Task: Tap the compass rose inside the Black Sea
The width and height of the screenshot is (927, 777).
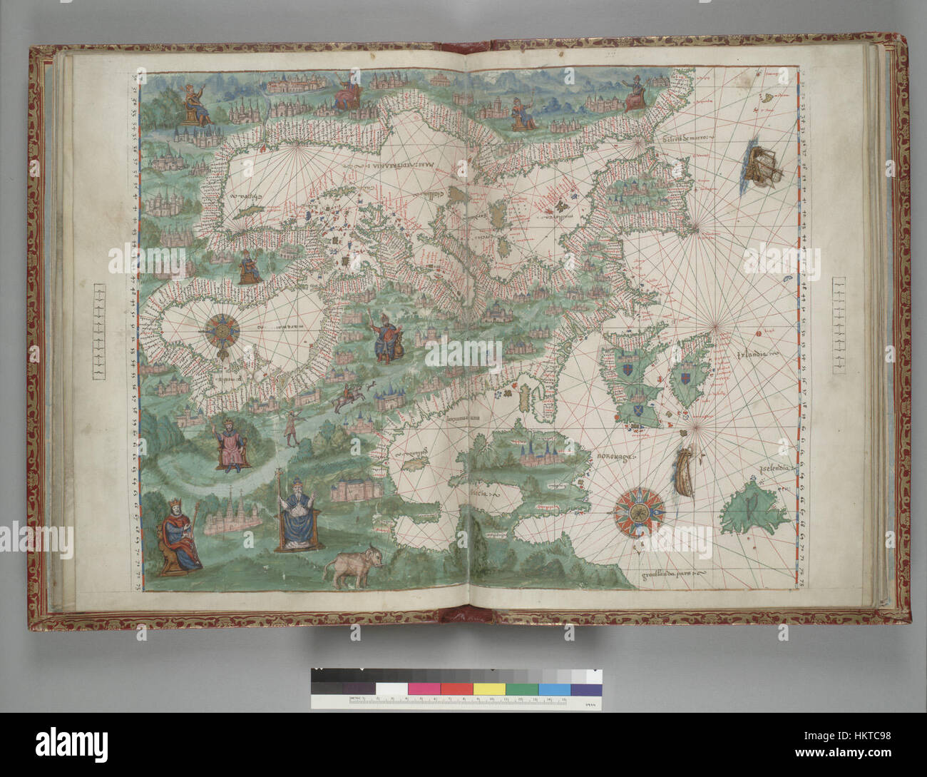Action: pyautogui.click(x=225, y=331)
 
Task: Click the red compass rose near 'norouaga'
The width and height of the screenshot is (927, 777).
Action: pyautogui.click(x=640, y=511)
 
